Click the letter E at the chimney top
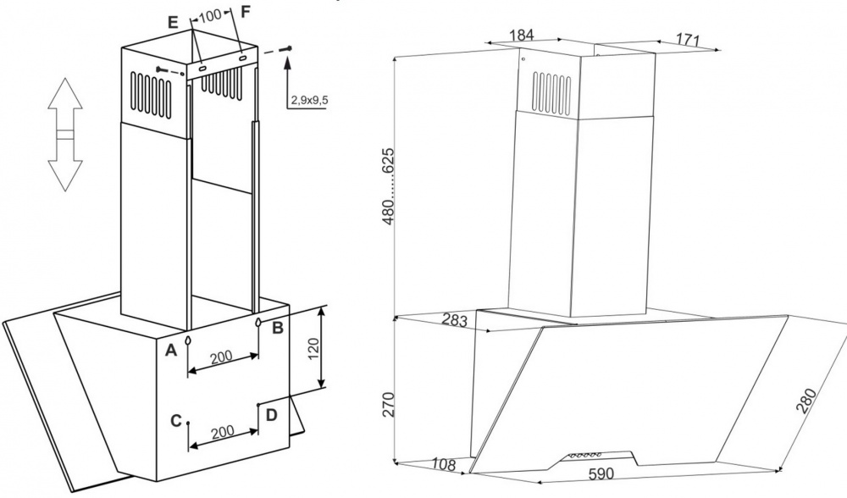click(172, 23)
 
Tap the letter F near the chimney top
click(246, 11)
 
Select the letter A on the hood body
click(171, 351)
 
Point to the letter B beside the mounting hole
click(277, 327)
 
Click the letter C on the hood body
click(175, 420)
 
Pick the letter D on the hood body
click(271, 415)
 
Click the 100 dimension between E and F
click(209, 15)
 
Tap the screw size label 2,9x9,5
click(309, 100)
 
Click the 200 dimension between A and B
click(221, 357)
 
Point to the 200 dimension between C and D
click(222, 431)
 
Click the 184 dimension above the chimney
click(522, 35)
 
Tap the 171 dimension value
click(688, 39)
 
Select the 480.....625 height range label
click(389, 186)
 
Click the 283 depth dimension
click(454, 320)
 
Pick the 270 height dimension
click(389, 404)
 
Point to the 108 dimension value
click(444, 464)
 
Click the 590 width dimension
click(601, 473)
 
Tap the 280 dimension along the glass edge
click(808, 401)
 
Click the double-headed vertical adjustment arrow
click(65, 134)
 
